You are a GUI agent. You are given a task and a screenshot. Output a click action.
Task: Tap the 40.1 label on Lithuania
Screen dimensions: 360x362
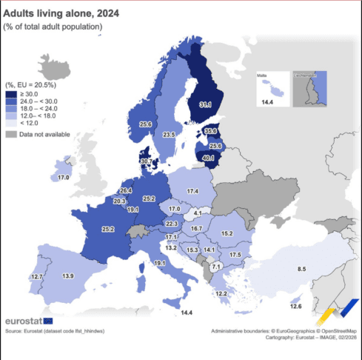tap(210, 157)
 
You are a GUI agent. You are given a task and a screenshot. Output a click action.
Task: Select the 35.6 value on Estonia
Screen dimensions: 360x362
tap(212, 131)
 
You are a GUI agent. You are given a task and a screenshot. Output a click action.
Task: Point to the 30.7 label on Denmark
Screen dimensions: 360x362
tap(146, 161)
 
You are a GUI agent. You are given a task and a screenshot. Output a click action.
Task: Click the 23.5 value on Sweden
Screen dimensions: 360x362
tap(169, 134)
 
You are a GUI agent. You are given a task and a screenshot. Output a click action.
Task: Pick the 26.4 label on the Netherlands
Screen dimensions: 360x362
tap(126, 191)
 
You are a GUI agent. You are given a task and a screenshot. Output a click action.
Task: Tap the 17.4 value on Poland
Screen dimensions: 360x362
tap(192, 191)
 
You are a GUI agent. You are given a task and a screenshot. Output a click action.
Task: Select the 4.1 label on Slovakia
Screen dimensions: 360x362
tap(198, 213)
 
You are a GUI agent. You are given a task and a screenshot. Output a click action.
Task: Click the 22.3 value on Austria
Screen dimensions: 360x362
tap(172, 223)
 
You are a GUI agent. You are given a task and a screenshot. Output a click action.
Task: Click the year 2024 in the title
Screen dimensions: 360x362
tap(98, 13)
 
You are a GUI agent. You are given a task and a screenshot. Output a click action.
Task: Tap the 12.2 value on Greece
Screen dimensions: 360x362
tap(221, 294)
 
